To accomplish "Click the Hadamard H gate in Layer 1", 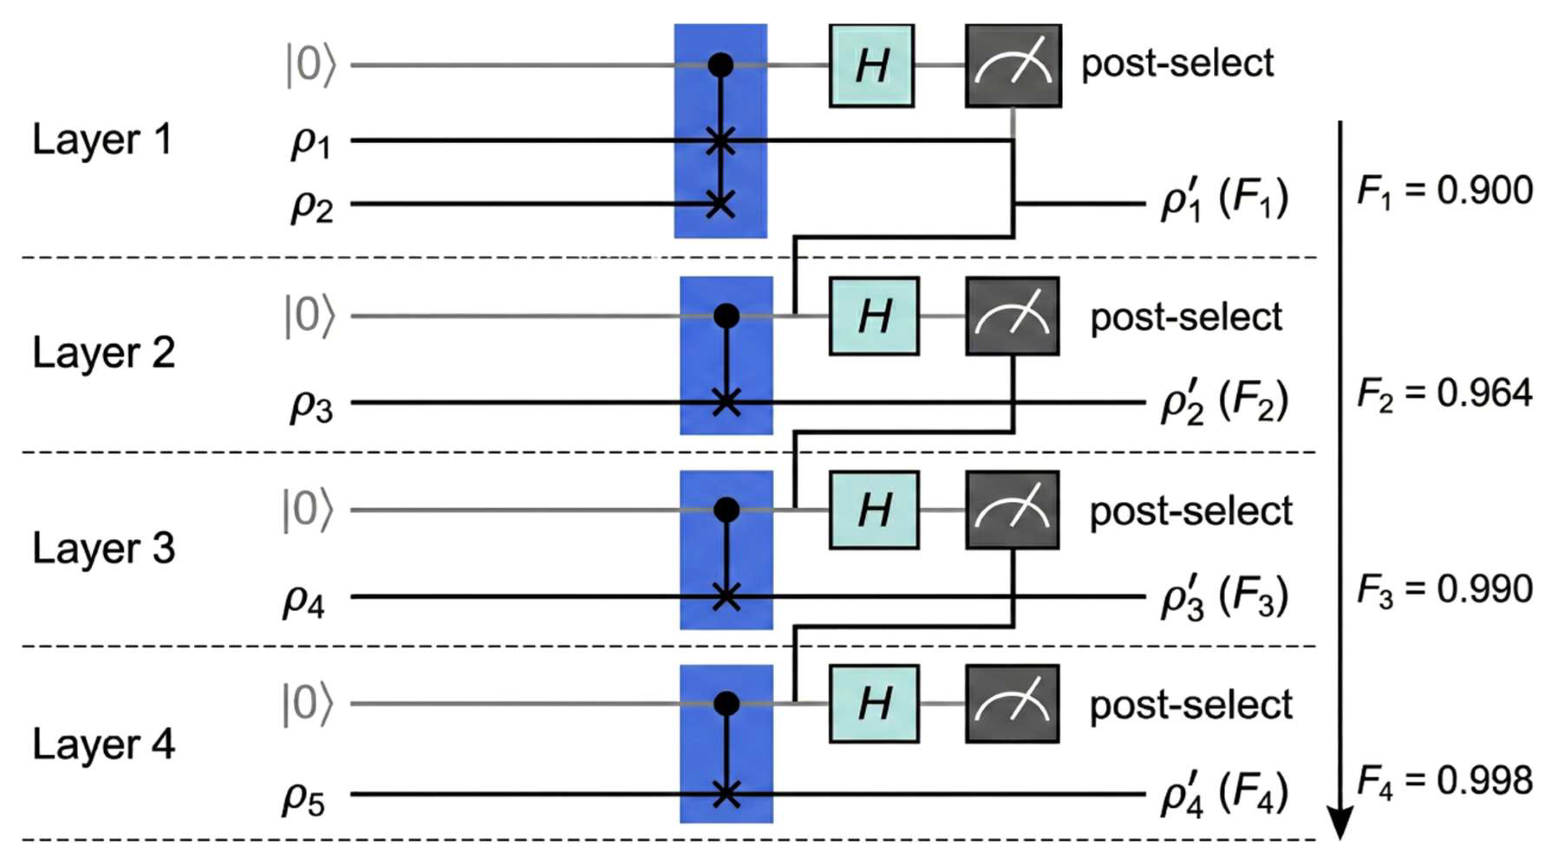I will [x=871, y=66].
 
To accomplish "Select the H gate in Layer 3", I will [x=874, y=510].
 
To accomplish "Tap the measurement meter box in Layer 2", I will [x=1013, y=316].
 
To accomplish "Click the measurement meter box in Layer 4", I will [x=1013, y=704].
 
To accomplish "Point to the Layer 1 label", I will [x=102, y=140].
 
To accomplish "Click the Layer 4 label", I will [x=103, y=744].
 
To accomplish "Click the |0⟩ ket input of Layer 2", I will [x=309, y=316].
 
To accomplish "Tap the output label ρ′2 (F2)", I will [x=1224, y=401].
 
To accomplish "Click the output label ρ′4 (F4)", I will [x=1224, y=794].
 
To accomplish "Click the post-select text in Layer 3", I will [x=1191, y=511].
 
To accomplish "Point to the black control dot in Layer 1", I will [x=720, y=65].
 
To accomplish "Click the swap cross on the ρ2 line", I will [x=720, y=204].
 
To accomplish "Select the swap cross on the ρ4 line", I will [x=726, y=597].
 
